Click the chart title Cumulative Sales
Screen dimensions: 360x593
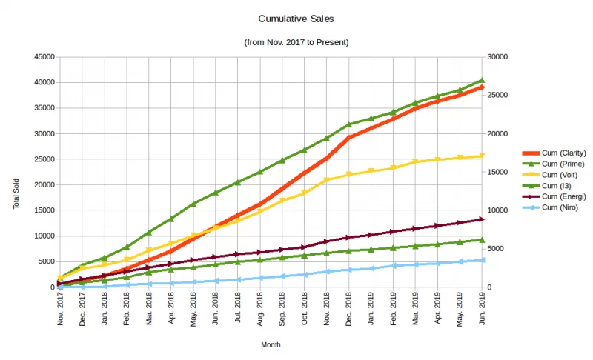(296, 19)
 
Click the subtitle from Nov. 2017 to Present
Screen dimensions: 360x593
(296, 42)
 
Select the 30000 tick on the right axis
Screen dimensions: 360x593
(499, 56)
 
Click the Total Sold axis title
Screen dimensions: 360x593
(16, 194)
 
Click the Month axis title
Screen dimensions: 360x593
(271, 344)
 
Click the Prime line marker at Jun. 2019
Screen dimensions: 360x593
(482, 80)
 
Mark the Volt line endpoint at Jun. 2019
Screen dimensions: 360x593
(482, 156)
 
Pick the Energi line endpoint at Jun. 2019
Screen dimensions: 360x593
(482, 219)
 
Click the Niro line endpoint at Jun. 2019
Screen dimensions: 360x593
(482, 260)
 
